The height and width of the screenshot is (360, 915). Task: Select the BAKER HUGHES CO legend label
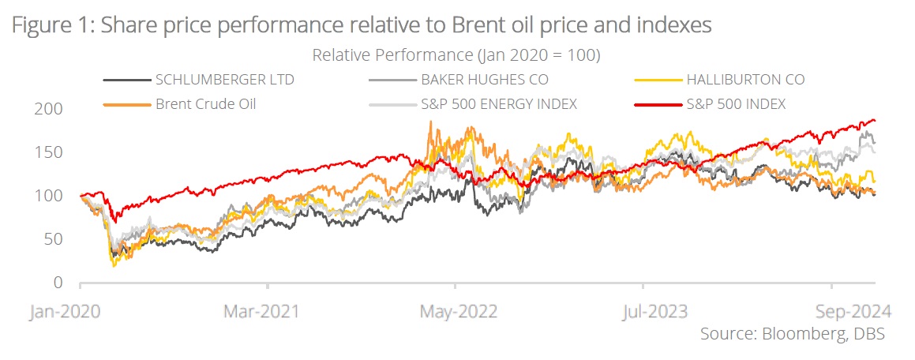tap(484, 80)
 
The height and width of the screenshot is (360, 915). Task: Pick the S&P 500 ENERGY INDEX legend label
tap(498, 104)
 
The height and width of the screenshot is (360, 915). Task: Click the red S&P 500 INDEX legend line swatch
tap(657, 104)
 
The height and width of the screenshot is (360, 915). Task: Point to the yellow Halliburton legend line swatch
tap(657, 80)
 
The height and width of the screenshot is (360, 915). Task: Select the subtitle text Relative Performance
tap(385, 55)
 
